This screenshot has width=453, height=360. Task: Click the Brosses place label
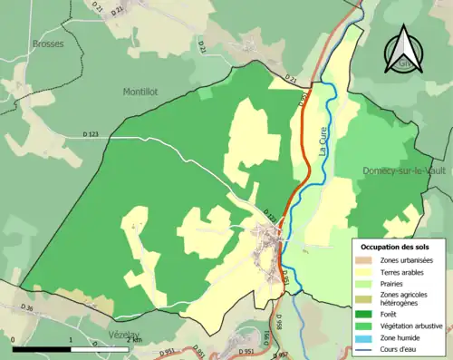coord(47,44)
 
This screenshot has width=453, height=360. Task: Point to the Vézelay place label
coord(125,335)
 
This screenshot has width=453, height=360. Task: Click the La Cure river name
coord(323,141)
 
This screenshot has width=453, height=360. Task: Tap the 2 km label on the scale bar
coord(132,339)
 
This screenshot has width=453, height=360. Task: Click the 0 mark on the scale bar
coord(14,339)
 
